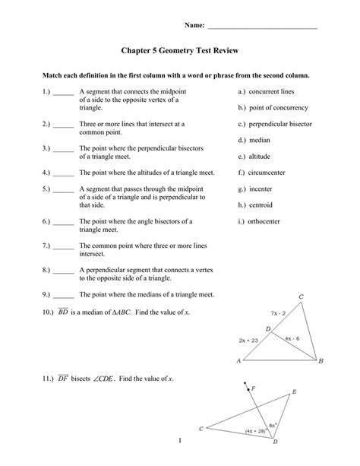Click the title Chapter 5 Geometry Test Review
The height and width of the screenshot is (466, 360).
(180, 51)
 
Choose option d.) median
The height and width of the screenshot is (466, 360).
(254, 141)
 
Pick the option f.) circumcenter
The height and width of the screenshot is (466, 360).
(262, 173)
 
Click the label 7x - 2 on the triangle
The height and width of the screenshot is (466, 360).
(278, 312)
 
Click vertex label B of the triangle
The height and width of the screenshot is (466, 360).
(321, 362)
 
